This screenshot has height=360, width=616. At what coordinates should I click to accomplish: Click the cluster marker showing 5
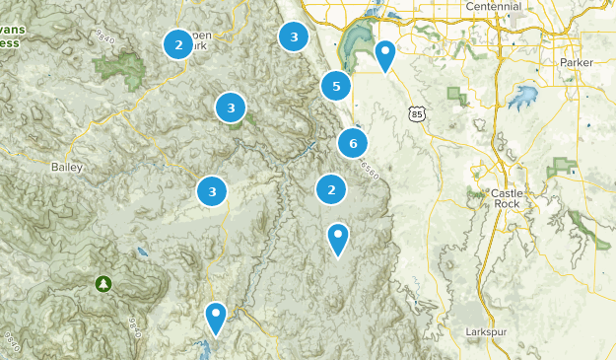coord(336,87)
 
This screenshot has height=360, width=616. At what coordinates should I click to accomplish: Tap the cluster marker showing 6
coord(352,144)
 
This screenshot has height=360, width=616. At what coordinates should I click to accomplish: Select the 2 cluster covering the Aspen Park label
coord(178,44)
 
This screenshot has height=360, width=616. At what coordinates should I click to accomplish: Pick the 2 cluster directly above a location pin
coord(331,189)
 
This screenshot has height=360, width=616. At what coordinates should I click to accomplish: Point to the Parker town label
coord(577,62)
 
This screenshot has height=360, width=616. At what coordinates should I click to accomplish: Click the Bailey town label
coord(66,168)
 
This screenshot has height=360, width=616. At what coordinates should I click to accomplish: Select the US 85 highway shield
coord(418,115)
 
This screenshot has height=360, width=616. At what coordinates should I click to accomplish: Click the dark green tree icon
coord(103,284)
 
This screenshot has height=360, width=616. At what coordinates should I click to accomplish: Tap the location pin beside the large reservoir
coord(386,54)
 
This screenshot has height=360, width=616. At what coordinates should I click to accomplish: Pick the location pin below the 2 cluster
coord(338,238)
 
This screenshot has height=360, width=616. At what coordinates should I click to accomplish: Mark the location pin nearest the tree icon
coord(216,317)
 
